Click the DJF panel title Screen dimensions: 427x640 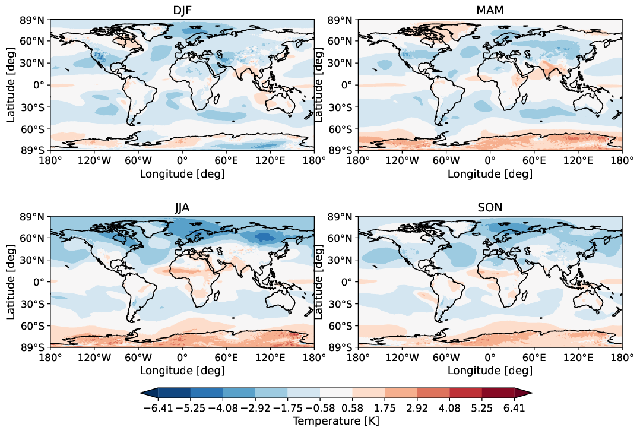point(182,11)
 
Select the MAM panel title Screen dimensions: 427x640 point(490,11)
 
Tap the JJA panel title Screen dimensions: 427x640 point(182,208)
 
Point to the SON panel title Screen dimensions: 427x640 point(490,208)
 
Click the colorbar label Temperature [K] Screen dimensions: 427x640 point(336,420)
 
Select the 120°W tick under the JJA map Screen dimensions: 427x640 point(94,358)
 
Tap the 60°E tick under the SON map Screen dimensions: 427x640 point(534,358)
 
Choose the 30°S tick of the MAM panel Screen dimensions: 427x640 point(342,107)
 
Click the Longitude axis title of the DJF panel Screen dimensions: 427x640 point(182,174)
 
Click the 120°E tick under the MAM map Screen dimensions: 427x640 point(578,161)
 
